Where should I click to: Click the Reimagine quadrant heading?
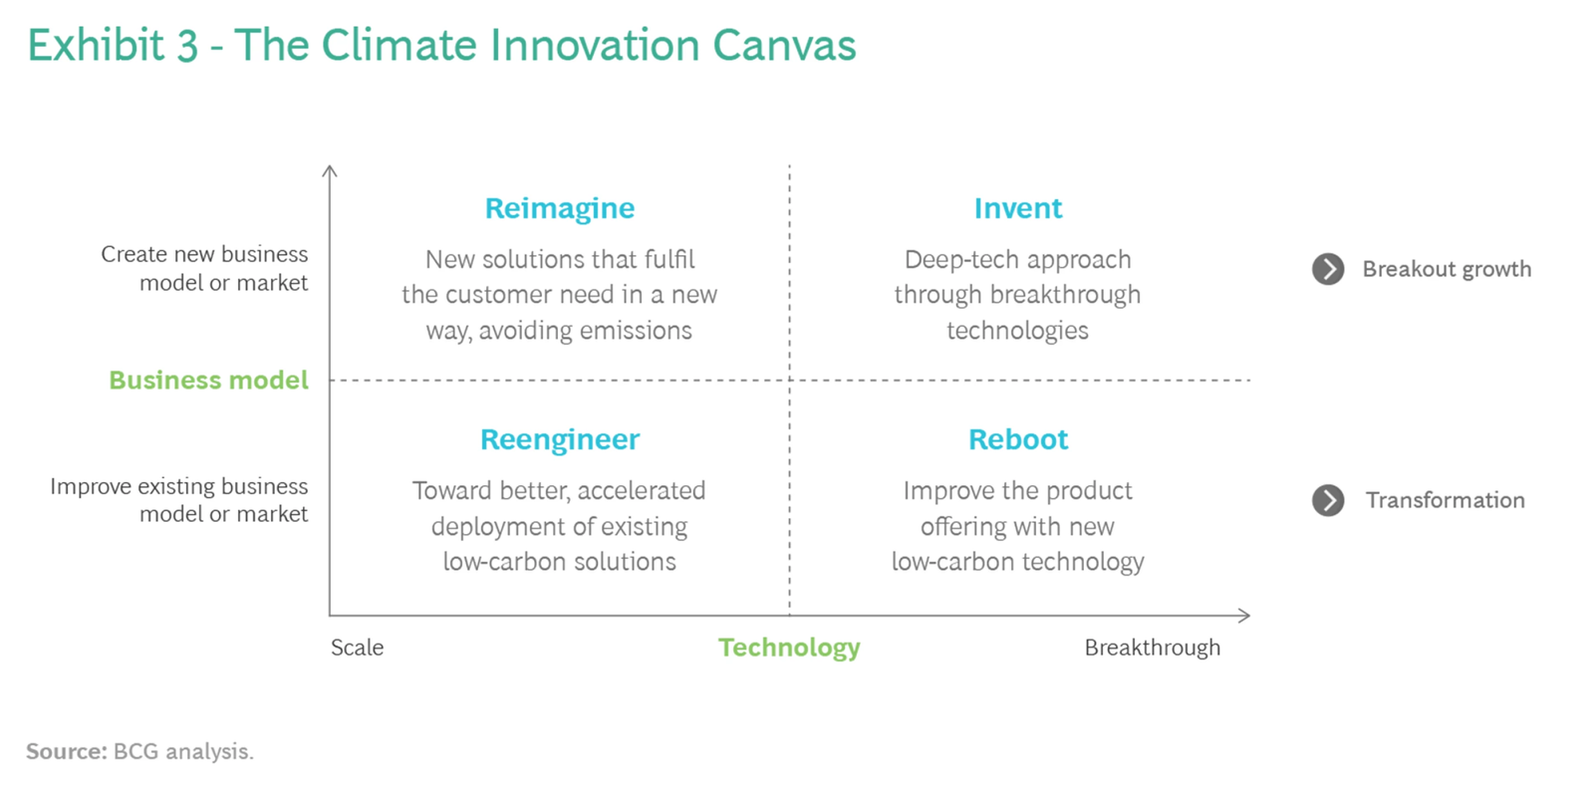pos(559,208)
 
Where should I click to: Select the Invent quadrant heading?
pos(1017,208)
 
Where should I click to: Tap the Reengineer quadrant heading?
pos(559,440)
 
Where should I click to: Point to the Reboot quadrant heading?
pos(1017,439)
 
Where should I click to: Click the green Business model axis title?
pos(208,380)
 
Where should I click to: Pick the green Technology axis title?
pos(789,648)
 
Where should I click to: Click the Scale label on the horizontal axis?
pos(358,648)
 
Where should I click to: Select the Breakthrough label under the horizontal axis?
pos(1152,648)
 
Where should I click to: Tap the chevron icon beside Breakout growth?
pos(1328,269)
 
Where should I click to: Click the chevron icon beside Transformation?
pos(1328,500)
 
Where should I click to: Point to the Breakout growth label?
pos(1447,269)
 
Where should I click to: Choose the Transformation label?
pos(1446,500)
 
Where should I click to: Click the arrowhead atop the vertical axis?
pos(330,170)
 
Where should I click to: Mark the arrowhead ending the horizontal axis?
pos(1244,616)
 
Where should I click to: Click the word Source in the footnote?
pos(67,751)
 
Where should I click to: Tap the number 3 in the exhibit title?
pos(187,46)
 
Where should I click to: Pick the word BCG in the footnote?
pos(135,751)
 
